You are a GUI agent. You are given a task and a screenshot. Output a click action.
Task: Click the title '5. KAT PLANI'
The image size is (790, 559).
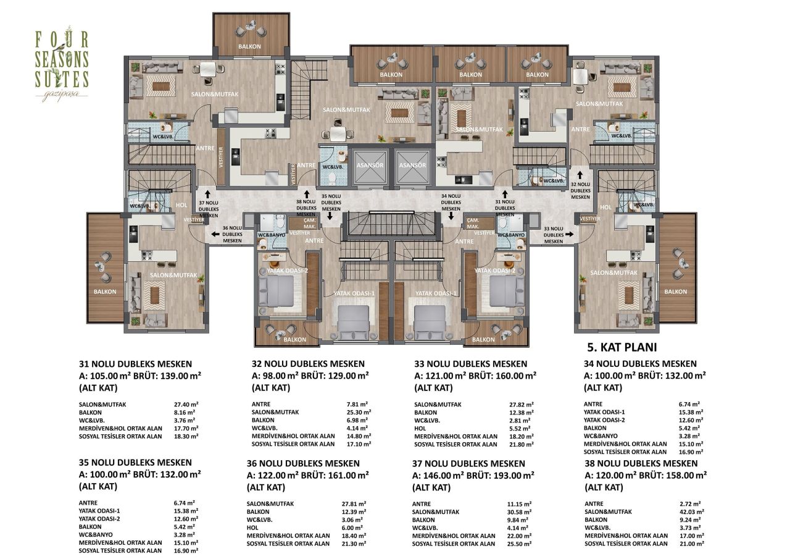point(620,347)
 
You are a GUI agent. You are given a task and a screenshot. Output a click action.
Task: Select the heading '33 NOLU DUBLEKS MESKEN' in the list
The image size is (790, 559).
point(470,364)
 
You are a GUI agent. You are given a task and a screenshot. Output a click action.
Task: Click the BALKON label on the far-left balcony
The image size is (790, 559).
point(106,292)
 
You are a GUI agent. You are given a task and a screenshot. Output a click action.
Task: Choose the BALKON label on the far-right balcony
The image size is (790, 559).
point(676,292)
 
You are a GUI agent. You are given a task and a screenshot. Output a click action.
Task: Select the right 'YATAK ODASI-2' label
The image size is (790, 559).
point(495,271)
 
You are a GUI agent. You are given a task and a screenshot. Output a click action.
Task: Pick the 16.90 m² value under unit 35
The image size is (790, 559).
point(186,550)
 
